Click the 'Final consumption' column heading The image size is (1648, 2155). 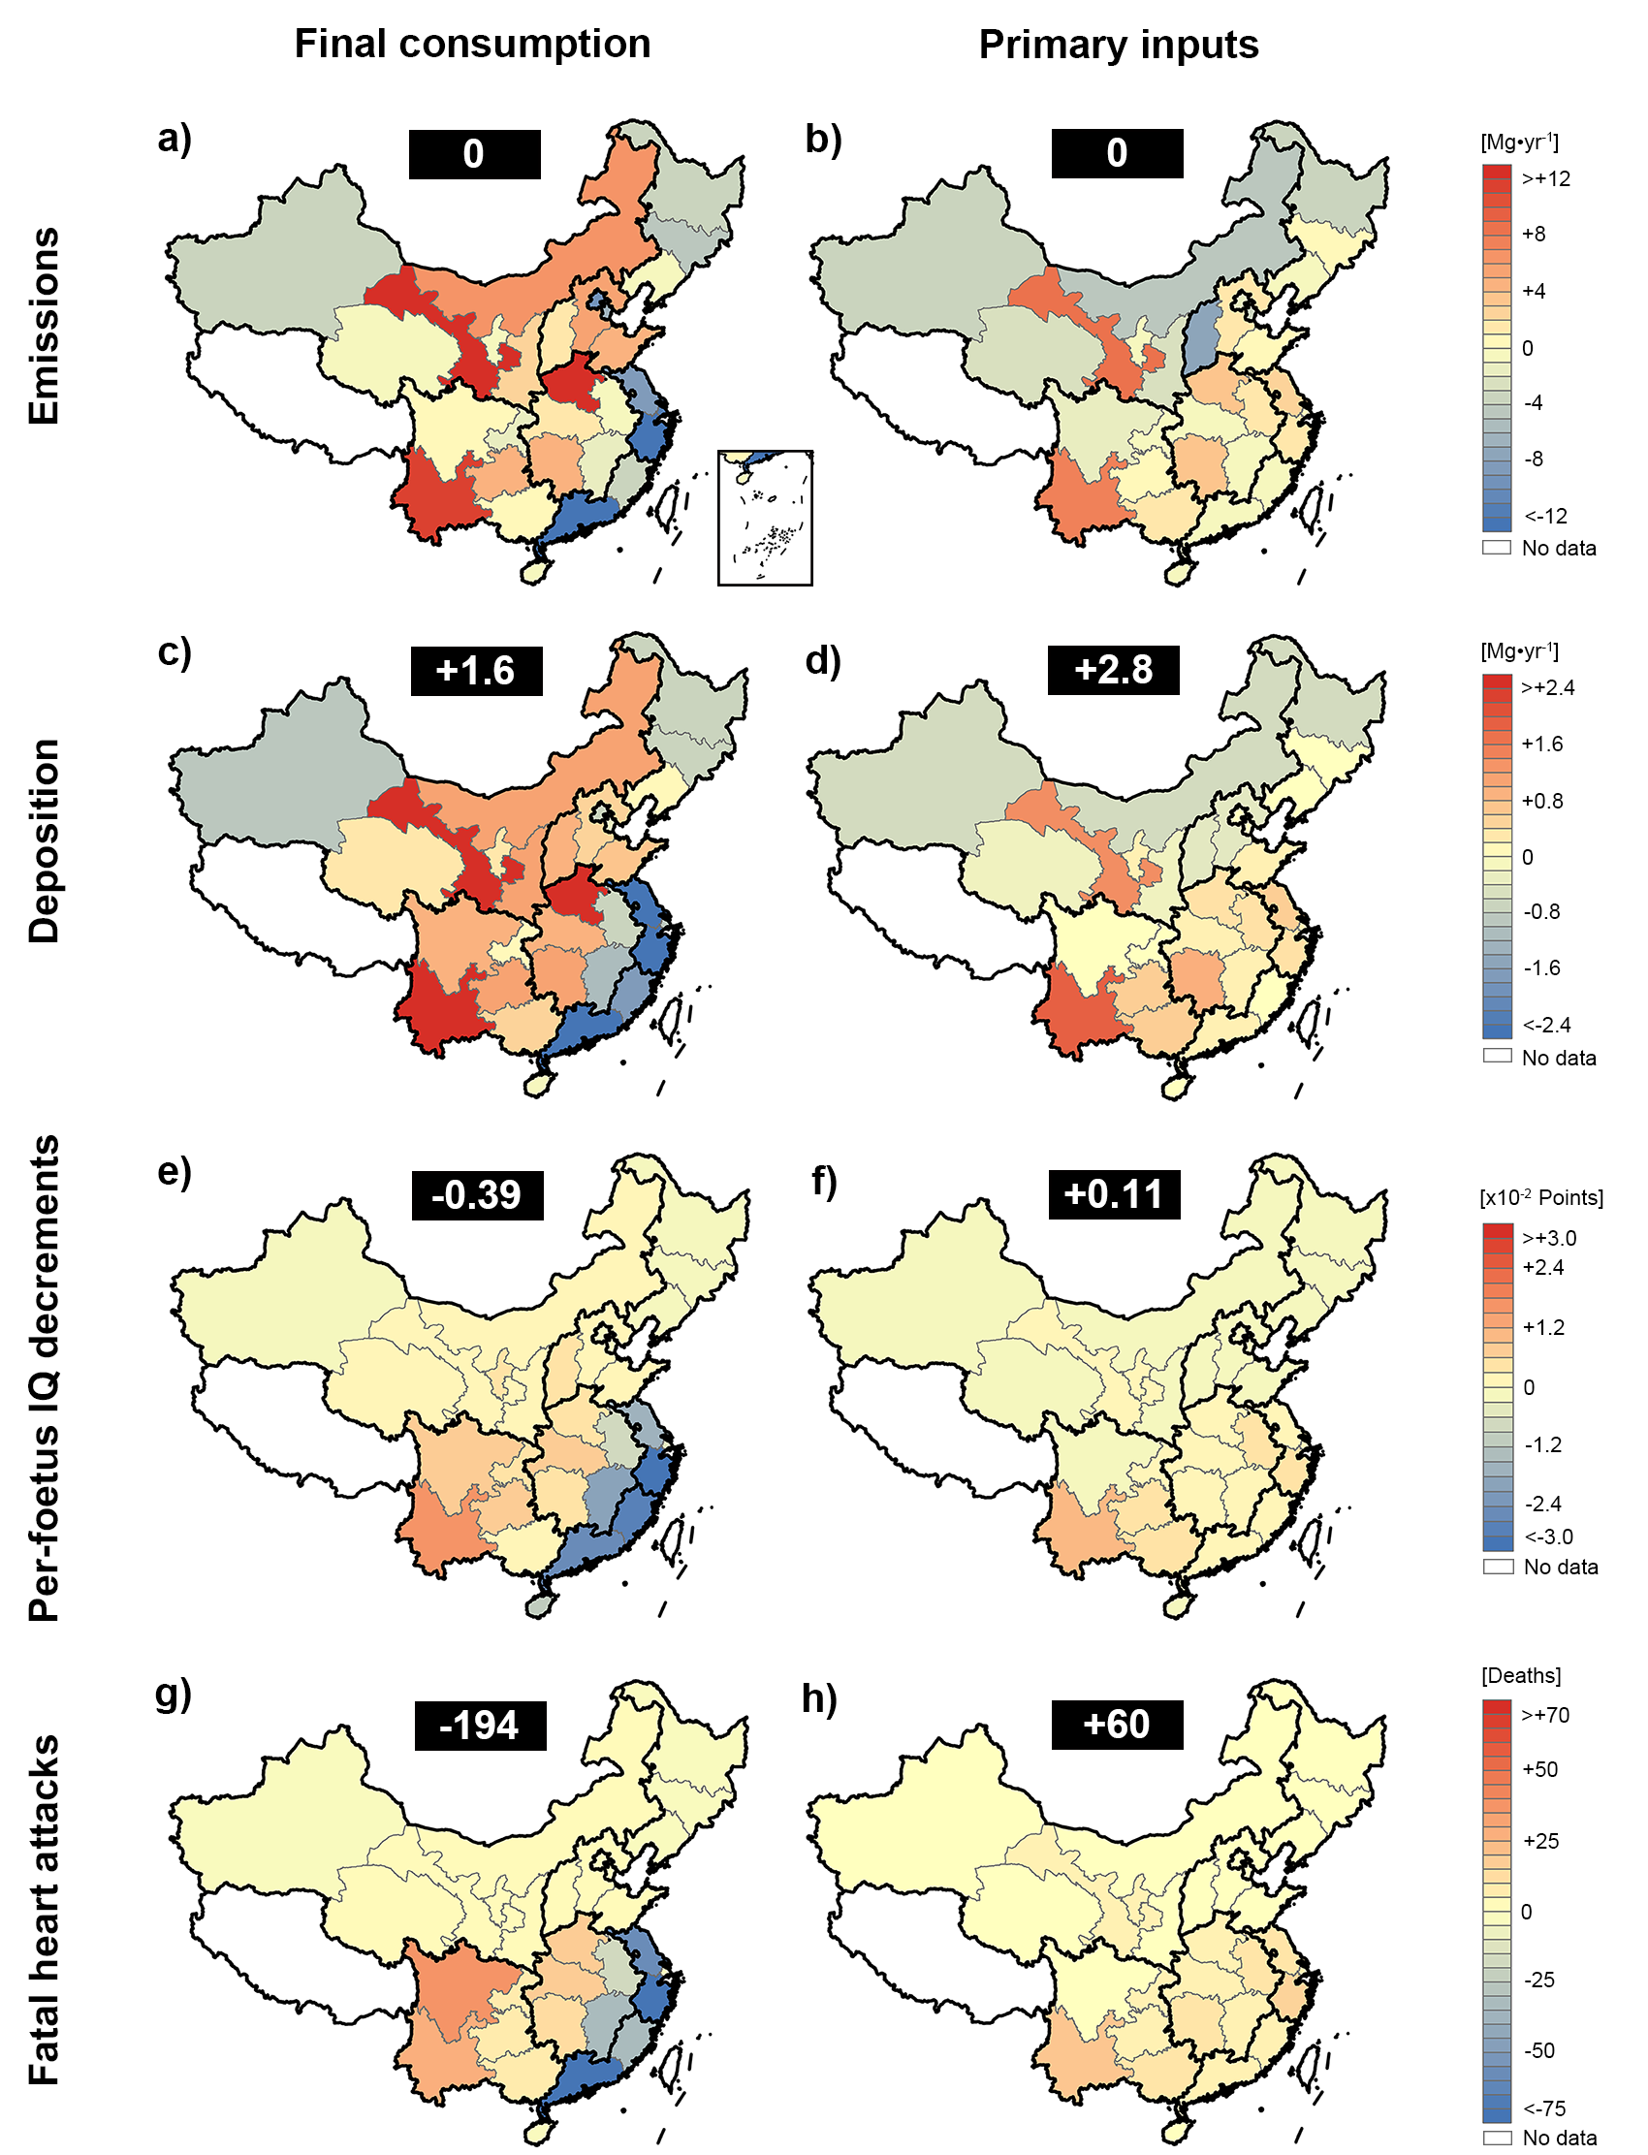472,45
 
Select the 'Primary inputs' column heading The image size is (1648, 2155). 1119,46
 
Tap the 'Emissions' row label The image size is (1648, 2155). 45,327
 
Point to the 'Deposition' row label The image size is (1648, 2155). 45,840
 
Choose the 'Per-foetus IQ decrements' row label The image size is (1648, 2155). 45,1378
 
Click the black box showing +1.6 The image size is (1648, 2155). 476,671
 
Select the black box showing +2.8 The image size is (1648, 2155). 1114,670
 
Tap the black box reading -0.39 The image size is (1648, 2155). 477,1194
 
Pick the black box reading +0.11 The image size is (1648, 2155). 1114,1193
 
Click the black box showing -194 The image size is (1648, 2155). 480,1725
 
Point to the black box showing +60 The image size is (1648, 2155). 1117,1724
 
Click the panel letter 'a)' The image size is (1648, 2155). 174,140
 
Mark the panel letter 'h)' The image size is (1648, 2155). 820,1697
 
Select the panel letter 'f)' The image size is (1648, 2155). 822,1181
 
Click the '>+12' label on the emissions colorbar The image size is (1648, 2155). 1546,178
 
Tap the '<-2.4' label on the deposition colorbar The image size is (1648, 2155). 1547,1025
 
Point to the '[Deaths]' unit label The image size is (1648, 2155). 1520,1675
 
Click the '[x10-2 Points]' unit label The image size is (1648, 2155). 1541,1197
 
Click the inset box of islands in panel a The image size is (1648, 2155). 765,518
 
